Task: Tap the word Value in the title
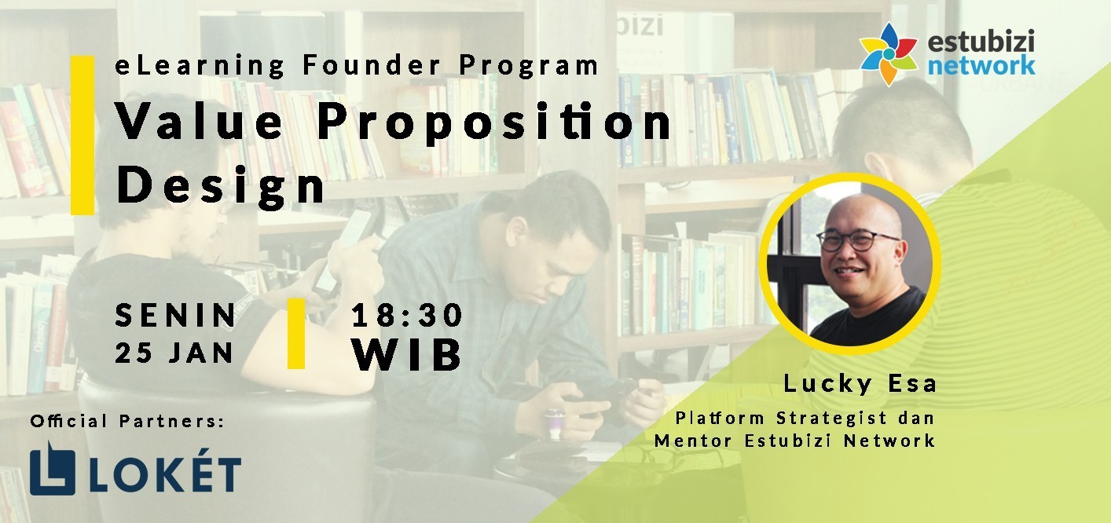[200, 121]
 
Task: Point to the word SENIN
[175, 315]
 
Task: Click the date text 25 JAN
[174, 353]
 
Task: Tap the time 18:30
[407, 315]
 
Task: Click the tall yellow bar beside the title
[82, 135]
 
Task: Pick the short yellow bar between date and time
[296, 333]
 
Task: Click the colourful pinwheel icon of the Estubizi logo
[889, 54]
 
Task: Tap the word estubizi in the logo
[981, 41]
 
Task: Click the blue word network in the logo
[981, 65]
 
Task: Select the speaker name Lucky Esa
[860, 383]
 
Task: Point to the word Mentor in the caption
[693, 441]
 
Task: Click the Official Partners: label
[127, 421]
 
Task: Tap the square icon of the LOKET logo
[53, 468]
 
